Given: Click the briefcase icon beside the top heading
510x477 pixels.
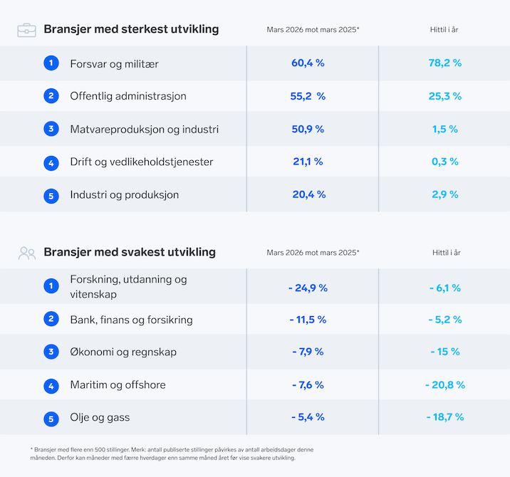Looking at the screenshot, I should (27, 30).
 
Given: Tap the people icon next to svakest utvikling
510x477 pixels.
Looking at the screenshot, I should (27, 253).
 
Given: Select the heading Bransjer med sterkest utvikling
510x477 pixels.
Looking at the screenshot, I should (131, 29).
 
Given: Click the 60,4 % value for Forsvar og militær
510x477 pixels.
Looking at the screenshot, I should (308, 63).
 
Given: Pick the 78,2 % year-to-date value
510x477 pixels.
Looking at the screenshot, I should (445, 63).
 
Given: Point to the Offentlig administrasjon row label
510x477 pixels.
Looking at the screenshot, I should (128, 96).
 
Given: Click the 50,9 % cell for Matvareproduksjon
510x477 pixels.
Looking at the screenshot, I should (308, 129).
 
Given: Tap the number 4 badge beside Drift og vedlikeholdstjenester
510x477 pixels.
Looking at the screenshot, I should (51, 162).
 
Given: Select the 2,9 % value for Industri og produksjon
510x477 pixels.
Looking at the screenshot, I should (445, 194).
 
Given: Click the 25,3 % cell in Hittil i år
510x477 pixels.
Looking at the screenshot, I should (445, 96).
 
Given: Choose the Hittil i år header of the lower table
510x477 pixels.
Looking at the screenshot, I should (446, 253).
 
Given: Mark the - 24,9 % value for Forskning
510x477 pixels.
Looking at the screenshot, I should (308, 288).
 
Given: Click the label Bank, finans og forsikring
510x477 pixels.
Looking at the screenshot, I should (131, 320).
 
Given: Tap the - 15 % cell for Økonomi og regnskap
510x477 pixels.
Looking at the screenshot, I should (445, 352).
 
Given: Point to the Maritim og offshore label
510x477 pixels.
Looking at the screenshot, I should (118, 385).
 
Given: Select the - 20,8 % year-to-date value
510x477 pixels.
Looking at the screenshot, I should (445, 385).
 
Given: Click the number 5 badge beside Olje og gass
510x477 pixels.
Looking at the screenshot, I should (51, 418).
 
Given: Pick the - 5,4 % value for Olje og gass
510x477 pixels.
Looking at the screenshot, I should (308, 417).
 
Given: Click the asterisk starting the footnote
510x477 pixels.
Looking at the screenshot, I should (32, 449).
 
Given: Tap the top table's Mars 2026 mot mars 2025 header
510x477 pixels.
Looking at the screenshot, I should (313, 30).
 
